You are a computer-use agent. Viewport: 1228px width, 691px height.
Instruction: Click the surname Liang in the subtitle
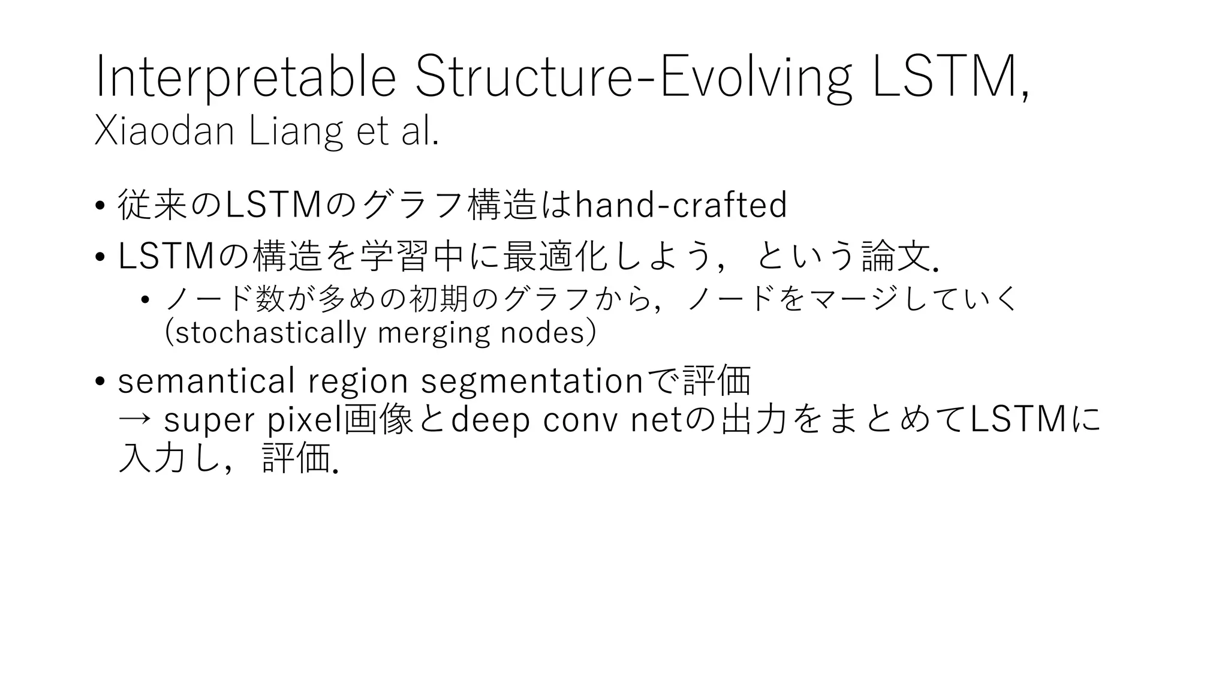pos(296,131)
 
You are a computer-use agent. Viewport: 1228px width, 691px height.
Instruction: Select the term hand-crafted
pos(681,205)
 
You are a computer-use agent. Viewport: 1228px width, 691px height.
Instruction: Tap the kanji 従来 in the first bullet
pos(153,205)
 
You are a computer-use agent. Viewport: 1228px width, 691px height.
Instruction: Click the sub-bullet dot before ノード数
pos(145,300)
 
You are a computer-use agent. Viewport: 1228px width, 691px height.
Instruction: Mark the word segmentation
pos(532,381)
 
